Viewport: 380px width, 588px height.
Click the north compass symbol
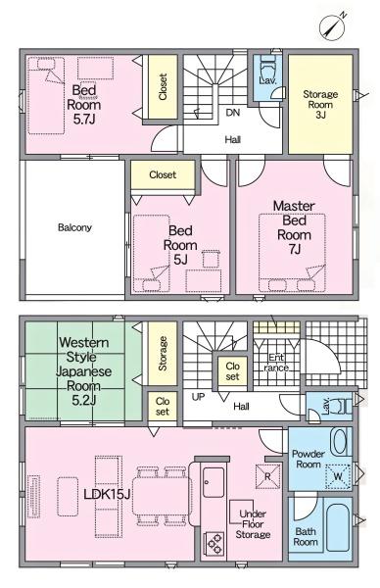tap(333, 25)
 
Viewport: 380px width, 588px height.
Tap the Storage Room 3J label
tap(320, 104)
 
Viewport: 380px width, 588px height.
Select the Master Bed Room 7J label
tap(294, 227)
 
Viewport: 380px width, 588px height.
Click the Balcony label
tap(74, 227)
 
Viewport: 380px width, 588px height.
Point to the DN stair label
tap(233, 113)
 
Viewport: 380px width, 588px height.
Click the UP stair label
tap(198, 397)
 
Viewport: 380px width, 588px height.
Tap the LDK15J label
tap(107, 494)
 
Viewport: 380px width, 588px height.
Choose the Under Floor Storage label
tap(253, 524)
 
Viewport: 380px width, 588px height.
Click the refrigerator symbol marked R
tap(267, 476)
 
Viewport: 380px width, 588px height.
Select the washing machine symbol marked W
tap(338, 476)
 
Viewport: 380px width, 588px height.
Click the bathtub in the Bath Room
tap(338, 528)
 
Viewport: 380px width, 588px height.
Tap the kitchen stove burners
tap(214, 543)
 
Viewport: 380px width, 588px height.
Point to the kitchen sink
tap(214, 482)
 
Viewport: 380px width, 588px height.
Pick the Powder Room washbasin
tap(340, 442)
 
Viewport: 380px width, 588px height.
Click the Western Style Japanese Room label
tap(84, 371)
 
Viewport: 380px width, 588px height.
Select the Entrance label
tap(276, 363)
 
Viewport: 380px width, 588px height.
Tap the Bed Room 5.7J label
tap(84, 105)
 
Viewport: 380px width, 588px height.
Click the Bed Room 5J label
tap(180, 245)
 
